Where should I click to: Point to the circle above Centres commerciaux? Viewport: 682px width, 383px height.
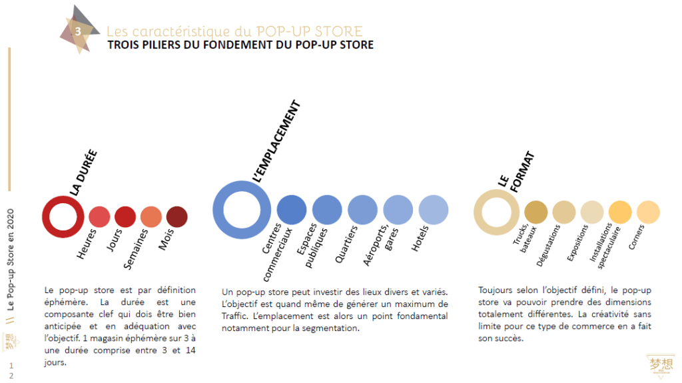(x=291, y=210)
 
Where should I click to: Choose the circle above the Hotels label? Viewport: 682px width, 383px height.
(x=433, y=210)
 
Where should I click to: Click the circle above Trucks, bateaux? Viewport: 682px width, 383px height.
(x=535, y=212)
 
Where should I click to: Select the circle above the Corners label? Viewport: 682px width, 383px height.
(x=648, y=212)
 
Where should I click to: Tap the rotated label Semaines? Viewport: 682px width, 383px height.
(x=138, y=252)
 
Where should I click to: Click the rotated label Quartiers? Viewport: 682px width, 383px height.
(x=346, y=244)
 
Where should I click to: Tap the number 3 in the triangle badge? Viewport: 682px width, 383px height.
(x=78, y=31)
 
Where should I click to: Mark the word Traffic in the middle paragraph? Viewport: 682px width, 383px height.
(x=235, y=316)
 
